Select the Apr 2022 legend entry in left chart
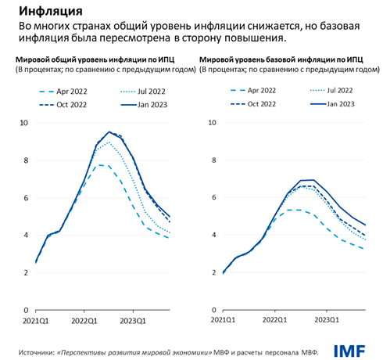(x=70, y=92)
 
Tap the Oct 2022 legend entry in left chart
(x=70, y=104)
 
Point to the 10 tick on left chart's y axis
(x=23, y=123)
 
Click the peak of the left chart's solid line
(x=109, y=132)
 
